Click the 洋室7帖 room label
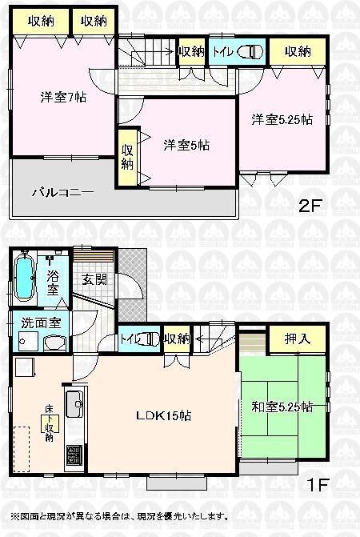(x=64, y=98)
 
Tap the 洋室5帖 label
(x=186, y=145)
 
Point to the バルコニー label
(x=63, y=193)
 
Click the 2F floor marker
(x=310, y=205)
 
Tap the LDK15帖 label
(x=162, y=415)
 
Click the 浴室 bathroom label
(x=53, y=286)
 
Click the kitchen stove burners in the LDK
(x=73, y=456)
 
